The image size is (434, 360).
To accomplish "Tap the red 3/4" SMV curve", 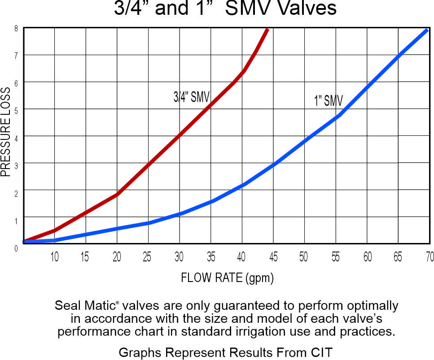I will coord(148,164).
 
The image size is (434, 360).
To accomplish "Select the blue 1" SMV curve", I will coord(274,165).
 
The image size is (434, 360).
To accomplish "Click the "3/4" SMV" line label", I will coord(192,97).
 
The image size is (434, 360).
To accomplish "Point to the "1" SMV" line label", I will coord(329,100).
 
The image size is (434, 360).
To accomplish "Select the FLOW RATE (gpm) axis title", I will coord(227,278).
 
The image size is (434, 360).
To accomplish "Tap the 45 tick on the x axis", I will coord(273,257).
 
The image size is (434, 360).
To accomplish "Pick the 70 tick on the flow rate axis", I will coord(430,257).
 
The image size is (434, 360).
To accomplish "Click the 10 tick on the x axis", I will coord(54,257).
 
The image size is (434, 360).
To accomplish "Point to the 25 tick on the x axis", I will coord(146,257).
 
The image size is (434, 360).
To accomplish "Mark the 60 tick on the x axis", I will coord(367,257).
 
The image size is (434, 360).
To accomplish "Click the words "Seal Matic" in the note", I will coord(85,306).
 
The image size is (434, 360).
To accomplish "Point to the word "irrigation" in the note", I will coord(293,332).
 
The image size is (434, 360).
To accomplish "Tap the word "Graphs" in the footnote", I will coord(136,353).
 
